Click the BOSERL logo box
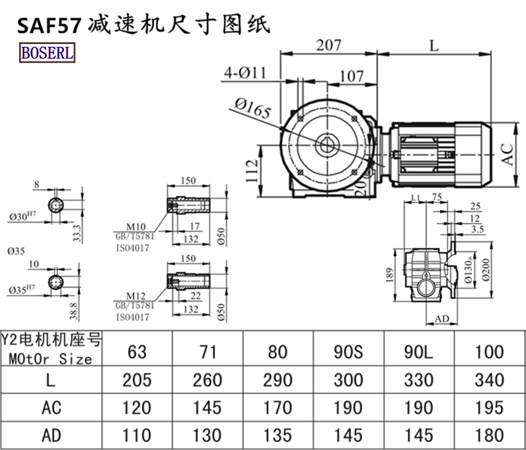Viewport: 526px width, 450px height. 47,53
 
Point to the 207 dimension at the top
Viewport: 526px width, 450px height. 328,45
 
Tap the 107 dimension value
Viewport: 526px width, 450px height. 352,76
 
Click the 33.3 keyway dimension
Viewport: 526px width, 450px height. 77,231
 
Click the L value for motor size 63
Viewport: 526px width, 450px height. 137,380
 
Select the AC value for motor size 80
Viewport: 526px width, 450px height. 279,408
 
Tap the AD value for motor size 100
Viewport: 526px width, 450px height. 489,435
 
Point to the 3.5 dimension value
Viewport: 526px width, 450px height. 478,229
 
